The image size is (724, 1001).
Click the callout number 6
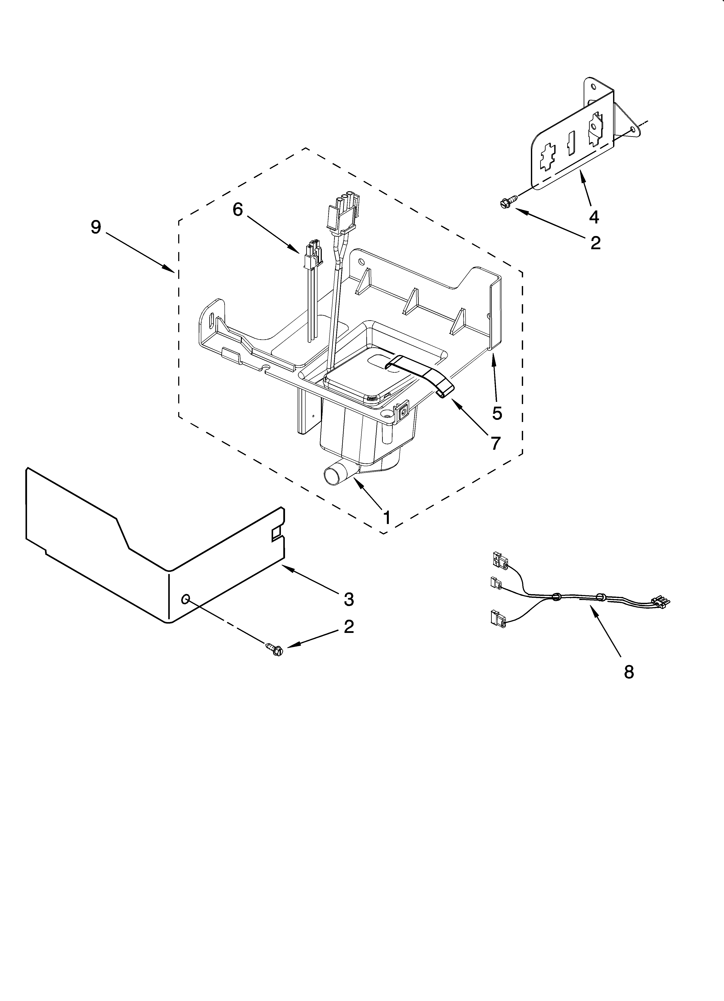click(238, 210)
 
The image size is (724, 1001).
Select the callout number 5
click(497, 413)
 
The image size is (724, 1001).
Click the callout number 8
click(629, 672)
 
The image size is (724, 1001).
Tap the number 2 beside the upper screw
click(595, 243)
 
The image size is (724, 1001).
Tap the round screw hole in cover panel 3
click(186, 598)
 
